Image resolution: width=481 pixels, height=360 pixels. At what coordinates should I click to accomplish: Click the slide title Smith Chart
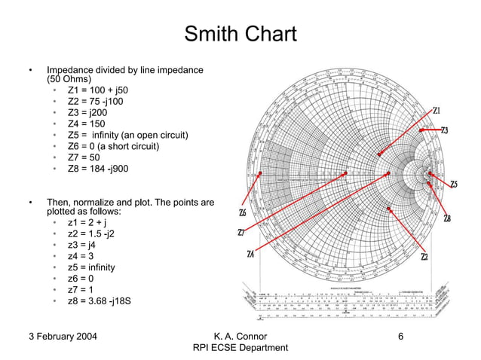pyautogui.click(x=240, y=35)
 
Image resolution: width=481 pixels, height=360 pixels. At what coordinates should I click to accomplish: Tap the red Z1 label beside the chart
pyautogui.click(x=437, y=111)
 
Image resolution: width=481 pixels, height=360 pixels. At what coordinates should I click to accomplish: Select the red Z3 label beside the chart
pyautogui.click(x=445, y=131)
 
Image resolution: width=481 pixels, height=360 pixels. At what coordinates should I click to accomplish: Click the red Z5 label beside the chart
pyautogui.click(x=454, y=185)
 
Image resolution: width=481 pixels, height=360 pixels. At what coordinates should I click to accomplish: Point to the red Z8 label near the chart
pyautogui.click(x=448, y=219)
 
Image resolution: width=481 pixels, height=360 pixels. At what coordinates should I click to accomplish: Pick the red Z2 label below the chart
pyautogui.click(x=425, y=257)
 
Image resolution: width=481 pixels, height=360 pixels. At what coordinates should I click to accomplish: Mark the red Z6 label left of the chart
pyautogui.click(x=241, y=212)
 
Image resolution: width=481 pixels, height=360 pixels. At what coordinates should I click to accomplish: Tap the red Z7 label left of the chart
pyautogui.click(x=241, y=232)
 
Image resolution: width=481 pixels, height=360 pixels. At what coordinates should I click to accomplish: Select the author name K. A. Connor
pyautogui.click(x=240, y=334)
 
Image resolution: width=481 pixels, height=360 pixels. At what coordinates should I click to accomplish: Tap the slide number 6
pyautogui.click(x=401, y=334)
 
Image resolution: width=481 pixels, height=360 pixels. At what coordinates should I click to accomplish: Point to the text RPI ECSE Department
pyautogui.click(x=240, y=347)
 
